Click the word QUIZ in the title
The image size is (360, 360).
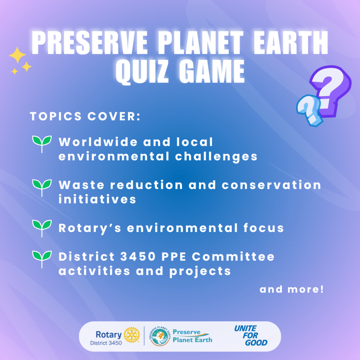[x=142, y=71]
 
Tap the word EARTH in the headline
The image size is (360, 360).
[x=291, y=43]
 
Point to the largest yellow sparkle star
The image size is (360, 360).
[x=17, y=55]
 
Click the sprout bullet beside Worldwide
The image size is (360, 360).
[x=42, y=143]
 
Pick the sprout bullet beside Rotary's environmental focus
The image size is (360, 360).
[x=42, y=228]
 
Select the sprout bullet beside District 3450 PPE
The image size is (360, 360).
[x=42, y=259]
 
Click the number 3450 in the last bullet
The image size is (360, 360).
[x=138, y=256]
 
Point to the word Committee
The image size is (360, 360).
[x=233, y=256]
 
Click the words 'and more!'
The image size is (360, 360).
[x=291, y=289]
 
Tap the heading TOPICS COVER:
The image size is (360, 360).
[x=85, y=116]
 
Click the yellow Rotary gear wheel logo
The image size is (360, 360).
[x=132, y=335]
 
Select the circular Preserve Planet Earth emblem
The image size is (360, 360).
[x=160, y=336]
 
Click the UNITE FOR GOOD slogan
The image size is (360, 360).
[x=251, y=335]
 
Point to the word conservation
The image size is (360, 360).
[x=271, y=185]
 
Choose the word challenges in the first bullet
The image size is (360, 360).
[x=216, y=157]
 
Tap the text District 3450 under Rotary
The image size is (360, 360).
[x=106, y=343]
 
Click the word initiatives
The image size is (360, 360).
[x=97, y=199]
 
